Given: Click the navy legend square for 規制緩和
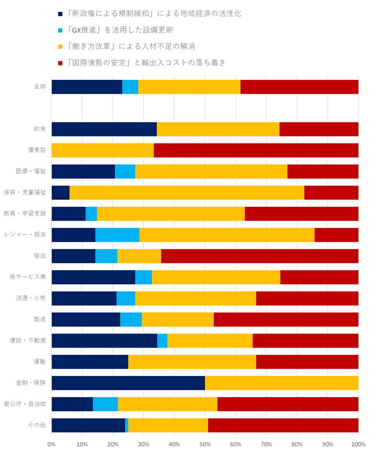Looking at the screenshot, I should [60, 14].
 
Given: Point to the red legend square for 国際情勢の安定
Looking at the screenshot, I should [60, 63].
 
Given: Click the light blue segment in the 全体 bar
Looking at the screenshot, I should [130, 87].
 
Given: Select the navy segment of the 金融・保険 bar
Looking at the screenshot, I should [128, 383].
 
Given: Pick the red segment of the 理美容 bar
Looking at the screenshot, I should [256, 150].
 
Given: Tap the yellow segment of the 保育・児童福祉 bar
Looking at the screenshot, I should [187, 193].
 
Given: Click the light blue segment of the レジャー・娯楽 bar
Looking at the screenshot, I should [117, 235].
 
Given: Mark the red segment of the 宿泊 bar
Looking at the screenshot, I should [260, 256].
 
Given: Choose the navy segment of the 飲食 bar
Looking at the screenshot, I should [104, 129].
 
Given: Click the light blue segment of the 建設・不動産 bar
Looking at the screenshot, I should [162, 341].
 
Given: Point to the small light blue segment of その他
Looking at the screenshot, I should [127, 425].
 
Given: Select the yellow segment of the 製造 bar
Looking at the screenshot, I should [178, 320].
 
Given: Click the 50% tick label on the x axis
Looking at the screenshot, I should [205, 444].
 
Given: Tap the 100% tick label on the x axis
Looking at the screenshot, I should [358, 444].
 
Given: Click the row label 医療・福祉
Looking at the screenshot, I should [35, 171].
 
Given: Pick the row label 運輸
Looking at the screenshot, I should [40, 362].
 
